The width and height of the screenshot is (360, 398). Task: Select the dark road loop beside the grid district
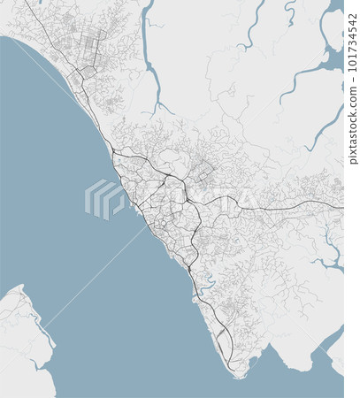(86, 72)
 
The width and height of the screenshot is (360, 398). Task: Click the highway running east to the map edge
(301, 206)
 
